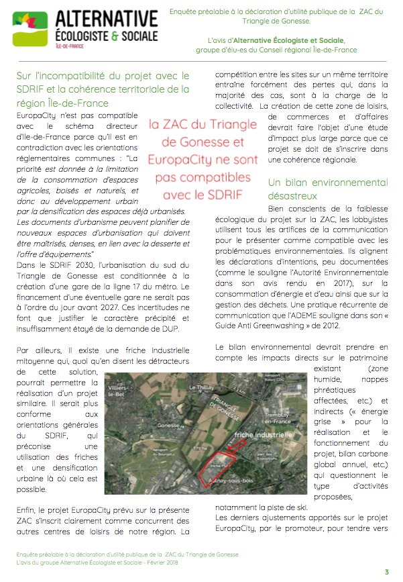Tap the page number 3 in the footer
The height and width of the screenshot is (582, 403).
pyautogui.click(x=386, y=571)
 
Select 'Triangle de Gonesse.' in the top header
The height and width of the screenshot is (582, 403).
pyautogui.click(x=276, y=20)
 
